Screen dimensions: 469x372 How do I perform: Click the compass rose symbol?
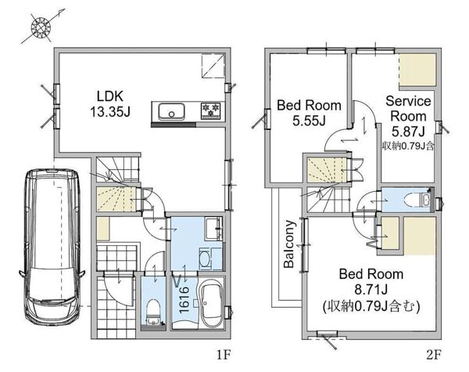(x=41, y=27)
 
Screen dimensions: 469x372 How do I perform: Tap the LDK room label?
(x=110, y=96)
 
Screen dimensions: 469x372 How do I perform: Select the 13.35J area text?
(x=110, y=113)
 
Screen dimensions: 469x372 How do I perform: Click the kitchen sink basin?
(x=171, y=111)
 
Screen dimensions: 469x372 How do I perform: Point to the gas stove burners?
(x=211, y=110)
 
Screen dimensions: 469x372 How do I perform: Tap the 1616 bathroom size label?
(x=184, y=299)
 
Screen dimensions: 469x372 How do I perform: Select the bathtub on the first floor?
(x=212, y=305)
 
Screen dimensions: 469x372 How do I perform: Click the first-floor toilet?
(x=153, y=312)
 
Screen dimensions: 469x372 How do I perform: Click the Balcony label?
(x=289, y=244)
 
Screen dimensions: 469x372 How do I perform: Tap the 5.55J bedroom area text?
(x=309, y=121)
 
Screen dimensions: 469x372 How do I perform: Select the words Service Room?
(x=408, y=109)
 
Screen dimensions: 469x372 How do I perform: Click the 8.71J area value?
(x=371, y=290)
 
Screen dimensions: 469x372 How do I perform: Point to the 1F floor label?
(x=224, y=356)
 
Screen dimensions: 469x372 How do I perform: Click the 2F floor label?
(x=434, y=356)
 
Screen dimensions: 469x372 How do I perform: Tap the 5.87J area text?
(x=408, y=131)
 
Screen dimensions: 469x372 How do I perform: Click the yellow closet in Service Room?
(x=417, y=70)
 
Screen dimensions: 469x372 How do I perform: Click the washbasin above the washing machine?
(x=213, y=229)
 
